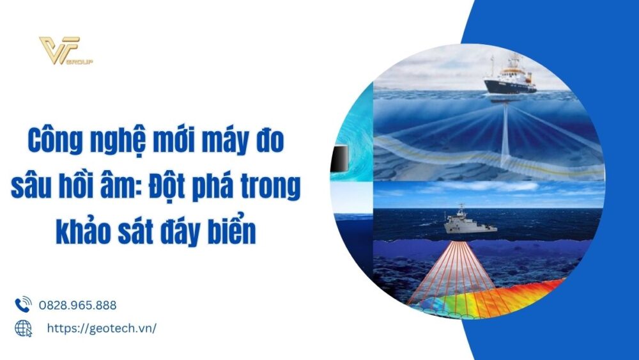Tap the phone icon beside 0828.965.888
pos(23,304)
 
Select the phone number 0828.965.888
pos(78,305)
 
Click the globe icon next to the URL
pos(23,328)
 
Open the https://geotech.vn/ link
pos(102,328)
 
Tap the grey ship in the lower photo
pos(465,221)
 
